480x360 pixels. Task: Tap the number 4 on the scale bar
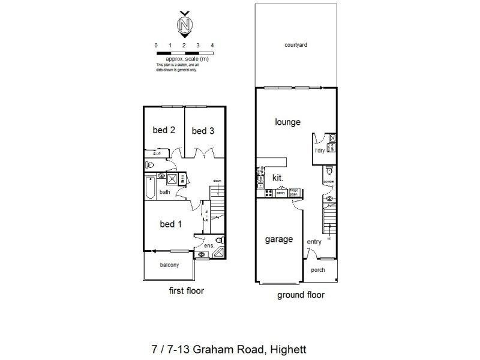212,46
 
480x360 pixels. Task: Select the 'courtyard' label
296,45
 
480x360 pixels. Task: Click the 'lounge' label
287,122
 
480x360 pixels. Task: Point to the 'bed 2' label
163,130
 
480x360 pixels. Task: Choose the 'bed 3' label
203,131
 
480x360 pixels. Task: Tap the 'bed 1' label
171,224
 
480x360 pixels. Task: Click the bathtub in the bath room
151,188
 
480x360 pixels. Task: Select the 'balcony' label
169,265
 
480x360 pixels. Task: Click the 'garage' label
279,239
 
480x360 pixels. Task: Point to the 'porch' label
318,270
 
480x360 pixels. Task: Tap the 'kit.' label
278,178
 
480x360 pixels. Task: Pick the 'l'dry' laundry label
320,151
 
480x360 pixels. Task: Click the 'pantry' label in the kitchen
280,193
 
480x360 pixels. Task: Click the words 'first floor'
186,291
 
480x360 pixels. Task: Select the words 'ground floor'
300,295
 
